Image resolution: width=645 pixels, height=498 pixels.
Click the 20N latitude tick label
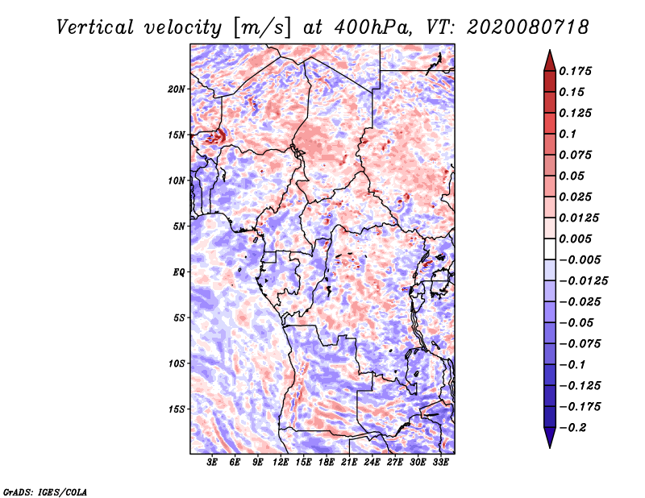[x=177, y=89]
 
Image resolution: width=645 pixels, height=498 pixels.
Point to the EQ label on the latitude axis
[x=179, y=272]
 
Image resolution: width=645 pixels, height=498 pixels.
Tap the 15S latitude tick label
[x=177, y=409]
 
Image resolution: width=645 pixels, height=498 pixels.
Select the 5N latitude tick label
[x=179, y=226]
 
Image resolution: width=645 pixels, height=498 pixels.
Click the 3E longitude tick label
[x=213, y=462]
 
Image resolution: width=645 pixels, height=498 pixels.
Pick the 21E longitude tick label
[x=349, y=462]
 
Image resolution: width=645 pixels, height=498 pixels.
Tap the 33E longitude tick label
[x=440, y=462]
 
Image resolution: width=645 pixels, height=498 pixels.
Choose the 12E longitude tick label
[x=281, y=462]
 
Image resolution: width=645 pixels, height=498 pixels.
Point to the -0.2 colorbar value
[x=574, y=427]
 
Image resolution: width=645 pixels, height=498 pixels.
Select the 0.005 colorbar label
[x=576, y=239]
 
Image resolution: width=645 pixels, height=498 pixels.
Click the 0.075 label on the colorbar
[x=576, y=155]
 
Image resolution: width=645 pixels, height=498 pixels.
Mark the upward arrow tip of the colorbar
[x=549, y=52]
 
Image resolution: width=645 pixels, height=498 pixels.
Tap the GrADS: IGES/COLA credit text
[x=44, y=491]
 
